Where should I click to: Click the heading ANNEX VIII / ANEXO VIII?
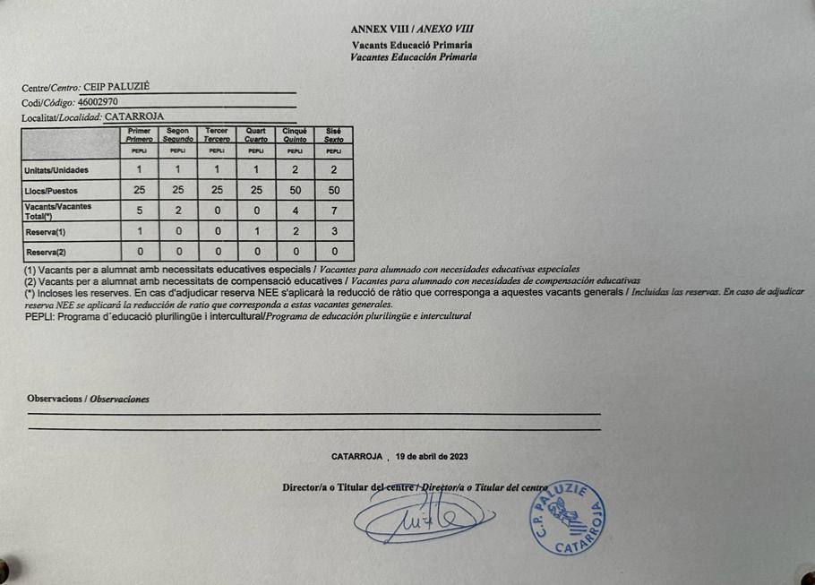[412, 29]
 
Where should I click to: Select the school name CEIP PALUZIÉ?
[116, 87]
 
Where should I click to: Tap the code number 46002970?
[98, 102]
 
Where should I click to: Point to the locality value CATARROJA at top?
[134, 116]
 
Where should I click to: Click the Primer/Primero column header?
[140, 134]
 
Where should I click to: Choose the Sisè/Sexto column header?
[333, 134]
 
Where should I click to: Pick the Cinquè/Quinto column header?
[295, 134]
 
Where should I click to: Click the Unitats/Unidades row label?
[56, 170]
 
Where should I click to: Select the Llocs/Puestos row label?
[51, 191]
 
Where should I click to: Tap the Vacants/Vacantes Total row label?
[58, 211]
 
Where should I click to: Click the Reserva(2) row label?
[46, 252]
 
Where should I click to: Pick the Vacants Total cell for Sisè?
[334, 211]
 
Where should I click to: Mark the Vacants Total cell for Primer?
[139, 211]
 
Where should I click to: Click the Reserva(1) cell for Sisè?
[334, 231]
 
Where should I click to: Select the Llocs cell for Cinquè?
[295, 191]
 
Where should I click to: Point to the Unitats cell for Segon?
[178, 169]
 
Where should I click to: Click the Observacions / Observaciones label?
[88, 399]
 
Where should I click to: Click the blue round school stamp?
[566, 519]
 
